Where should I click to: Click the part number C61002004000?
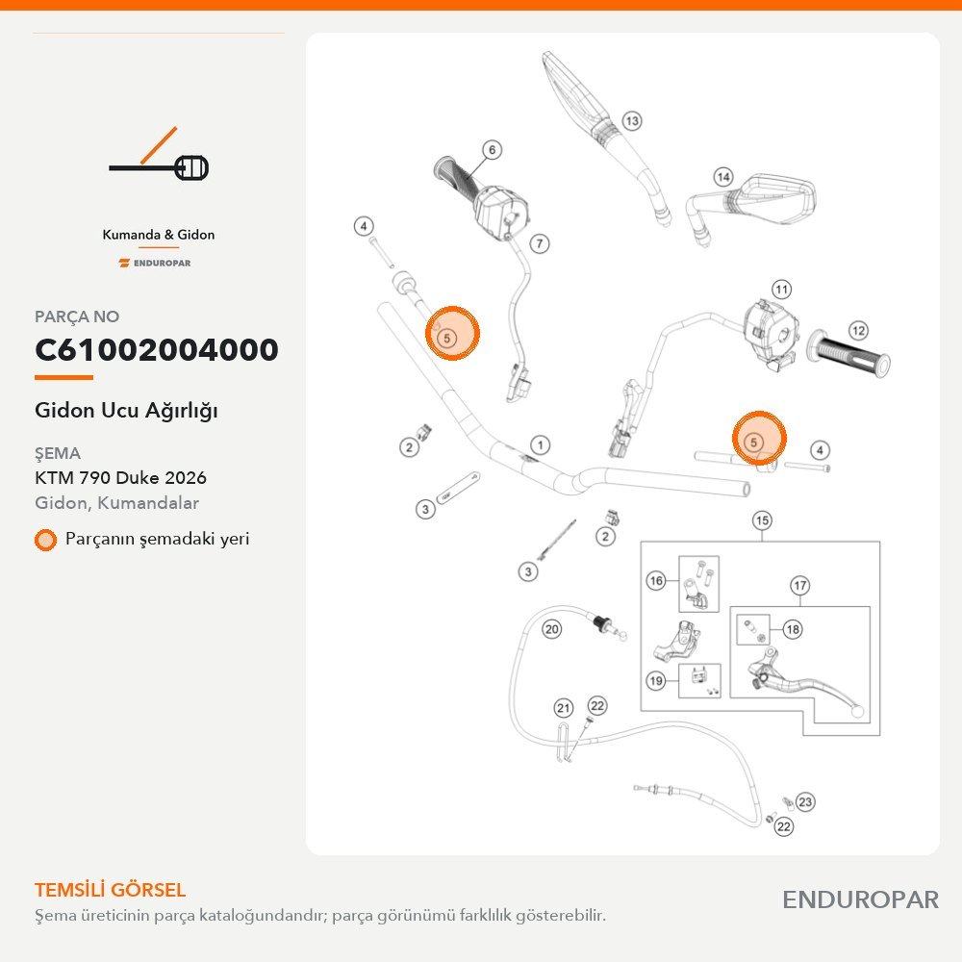pyautogui.click(x=157, y=350)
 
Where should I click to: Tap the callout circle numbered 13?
pyautogui.click(x=632, y=121)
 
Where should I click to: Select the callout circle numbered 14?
pyautogui.click(x=724, y=177)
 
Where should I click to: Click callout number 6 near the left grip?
pyautogui.click(x=492, y=150)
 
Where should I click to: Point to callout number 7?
pyautogui.click(x=540, y=243)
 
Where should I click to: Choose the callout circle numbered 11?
pyautogui.click(x=781, y=290)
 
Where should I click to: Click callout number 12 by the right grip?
pyautogui.click(x=858, y=331)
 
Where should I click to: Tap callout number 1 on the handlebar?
pyautogui.click(x=540, y=444)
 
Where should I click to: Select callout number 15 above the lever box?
pyautogui.click(x=762, y=520)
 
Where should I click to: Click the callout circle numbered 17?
pyautogui.click(x=800, y=586)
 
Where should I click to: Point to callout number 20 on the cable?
pyautogui.click(x=551, y=629)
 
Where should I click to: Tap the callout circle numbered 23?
pyautogui.click(x=805, y=802)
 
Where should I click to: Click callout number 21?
pyautogui.click(x=563, y=709)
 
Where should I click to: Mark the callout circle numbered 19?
pyautogui.click(x=656, y=680)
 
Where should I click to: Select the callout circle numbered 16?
pyautogui.click(x=656, y=580)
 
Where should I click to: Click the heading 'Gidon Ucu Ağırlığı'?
pyautogui.click(x=126, y=411)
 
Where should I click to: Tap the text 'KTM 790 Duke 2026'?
pyautogui.click(x=120, y=477)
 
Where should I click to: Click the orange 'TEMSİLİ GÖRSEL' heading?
pyautogui.click(x=110, y=890)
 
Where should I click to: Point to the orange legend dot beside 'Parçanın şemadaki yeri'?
pyautogui.click(x=45, y=540)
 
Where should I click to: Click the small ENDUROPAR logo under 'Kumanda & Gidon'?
pyautogui.click(x=155, y=264)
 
